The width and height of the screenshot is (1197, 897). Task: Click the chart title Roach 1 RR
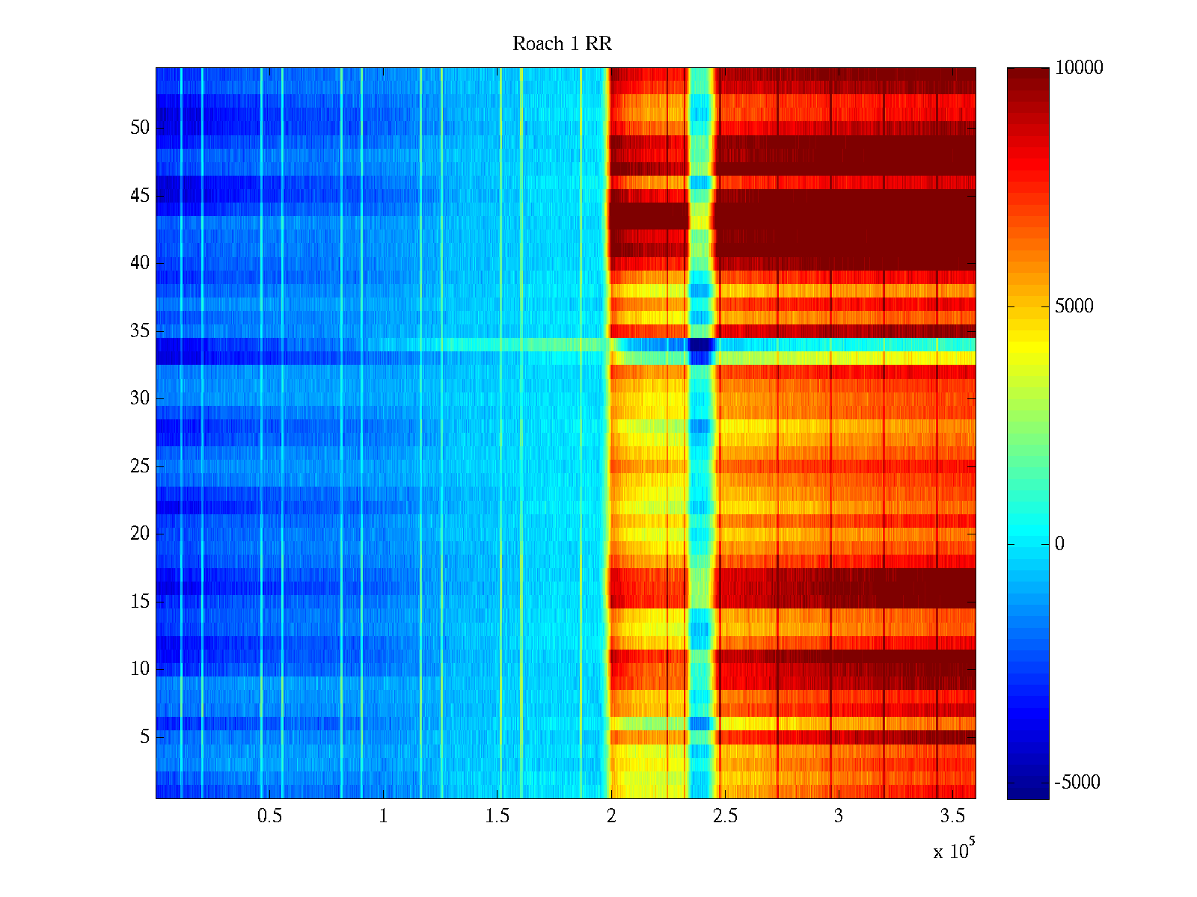click(562, 44)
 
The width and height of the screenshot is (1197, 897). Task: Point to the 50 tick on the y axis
click(140, 128)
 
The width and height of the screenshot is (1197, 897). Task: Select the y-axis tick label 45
click(140, 196)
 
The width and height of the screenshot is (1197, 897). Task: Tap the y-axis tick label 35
click(140, 331)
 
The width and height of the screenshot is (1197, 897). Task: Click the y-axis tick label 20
click(140, 534)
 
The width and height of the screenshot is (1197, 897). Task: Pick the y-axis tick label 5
click(144, 737)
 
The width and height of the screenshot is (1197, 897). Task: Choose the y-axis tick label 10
click(140, 669)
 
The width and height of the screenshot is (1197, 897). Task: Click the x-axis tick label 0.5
click(269, 816)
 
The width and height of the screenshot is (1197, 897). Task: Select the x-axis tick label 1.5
click(497, 816)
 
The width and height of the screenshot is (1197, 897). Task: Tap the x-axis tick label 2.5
click(724, 816)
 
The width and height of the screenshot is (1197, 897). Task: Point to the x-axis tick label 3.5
click(952, 816)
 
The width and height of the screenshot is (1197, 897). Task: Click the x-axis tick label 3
click(839, 816)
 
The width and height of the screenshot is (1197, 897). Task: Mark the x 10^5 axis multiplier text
click(953, 851)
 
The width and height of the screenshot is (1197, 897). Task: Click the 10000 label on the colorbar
click(1079, 68)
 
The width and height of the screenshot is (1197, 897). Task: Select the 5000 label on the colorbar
click(1074, 306)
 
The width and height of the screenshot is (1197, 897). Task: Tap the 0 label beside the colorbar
click(1059, 544)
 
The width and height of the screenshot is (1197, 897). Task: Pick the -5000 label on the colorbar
click(1077, 783)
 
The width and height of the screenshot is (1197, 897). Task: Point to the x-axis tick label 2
click(611, 816)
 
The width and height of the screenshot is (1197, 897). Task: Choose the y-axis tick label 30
click(140, 398)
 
